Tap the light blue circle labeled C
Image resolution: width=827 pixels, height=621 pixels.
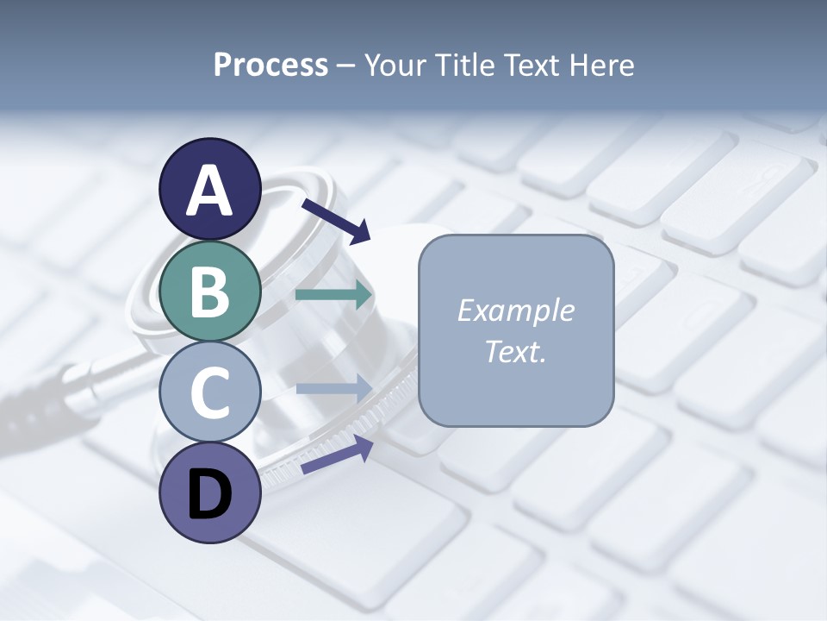click(210, 392)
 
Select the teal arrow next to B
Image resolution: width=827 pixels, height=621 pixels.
click(333, 295)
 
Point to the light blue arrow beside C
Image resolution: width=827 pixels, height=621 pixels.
click(333, 389)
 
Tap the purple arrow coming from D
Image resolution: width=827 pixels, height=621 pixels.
click(336, 455)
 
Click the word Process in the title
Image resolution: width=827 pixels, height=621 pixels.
click(270, 66)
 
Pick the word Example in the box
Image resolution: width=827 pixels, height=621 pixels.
click(515, 310)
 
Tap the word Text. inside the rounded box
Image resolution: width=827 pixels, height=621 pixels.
click(515, 351)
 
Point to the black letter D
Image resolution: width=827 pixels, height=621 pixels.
click(210, 495)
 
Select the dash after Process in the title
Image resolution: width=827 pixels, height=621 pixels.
click(346, 66)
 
